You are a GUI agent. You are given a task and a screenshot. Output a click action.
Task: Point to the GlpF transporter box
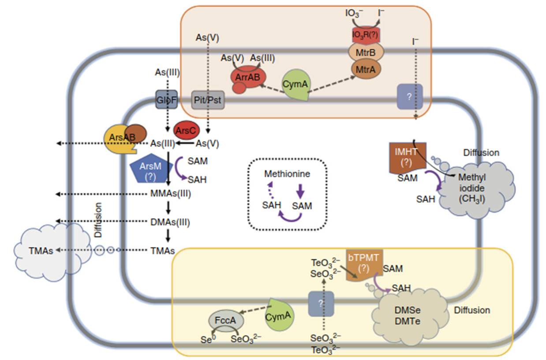166,100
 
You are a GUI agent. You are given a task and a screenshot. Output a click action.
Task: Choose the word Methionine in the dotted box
287,174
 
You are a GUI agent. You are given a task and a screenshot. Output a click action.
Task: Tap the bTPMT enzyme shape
364,264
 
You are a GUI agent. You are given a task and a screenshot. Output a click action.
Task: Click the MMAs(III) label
171,193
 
